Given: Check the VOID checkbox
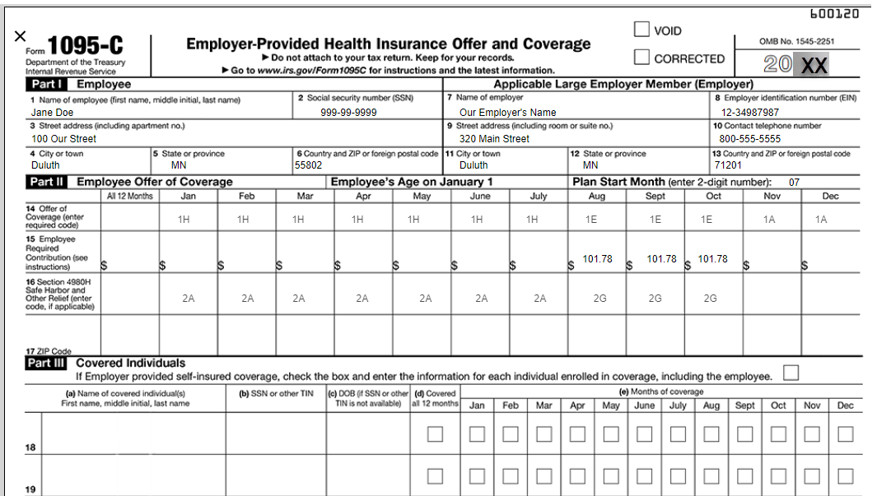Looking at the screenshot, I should (x=641, y=30).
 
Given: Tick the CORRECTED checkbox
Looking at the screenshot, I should (x=641, y=58).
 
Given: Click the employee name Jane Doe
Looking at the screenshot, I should (x=52, y=113).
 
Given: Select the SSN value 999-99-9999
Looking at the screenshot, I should (x=348, y=113).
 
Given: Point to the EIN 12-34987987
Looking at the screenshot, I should (x=750, y=113).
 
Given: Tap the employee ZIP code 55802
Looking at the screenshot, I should (x=309, y=165).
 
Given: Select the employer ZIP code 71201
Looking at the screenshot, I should (x=728, y=165).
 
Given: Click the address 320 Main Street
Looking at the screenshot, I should (x=494, y=139).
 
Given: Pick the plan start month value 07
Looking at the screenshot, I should (x=794, y=182).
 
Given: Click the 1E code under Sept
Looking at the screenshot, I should (x=655, y=220).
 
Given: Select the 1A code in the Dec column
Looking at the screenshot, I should (x=821, y=220).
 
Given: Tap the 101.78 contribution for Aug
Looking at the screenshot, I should (x=597, y=259).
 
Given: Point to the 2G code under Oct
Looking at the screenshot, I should (x=710, y=299).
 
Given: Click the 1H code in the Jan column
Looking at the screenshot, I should (x=184, y=220).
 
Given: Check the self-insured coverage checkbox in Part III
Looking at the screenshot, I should (x=791, y=373).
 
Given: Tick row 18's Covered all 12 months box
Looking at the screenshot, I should (x=435, y=434).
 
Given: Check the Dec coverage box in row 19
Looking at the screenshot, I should (x=845, y=475).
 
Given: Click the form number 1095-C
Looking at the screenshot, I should (x=86, y=46).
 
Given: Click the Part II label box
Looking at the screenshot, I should (x=47, y=182).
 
